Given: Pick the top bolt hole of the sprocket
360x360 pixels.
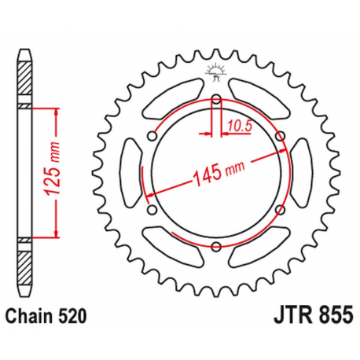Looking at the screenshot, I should [215, 99].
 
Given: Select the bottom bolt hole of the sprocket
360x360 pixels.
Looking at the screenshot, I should [215, 248].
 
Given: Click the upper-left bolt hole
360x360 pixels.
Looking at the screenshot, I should [152, 137].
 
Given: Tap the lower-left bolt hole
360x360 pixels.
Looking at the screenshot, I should [152, 210].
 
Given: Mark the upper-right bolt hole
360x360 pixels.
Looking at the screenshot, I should [279, 137].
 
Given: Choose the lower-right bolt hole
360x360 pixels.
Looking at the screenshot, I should [279, 210].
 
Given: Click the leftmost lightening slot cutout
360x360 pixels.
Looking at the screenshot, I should [134, 173].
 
